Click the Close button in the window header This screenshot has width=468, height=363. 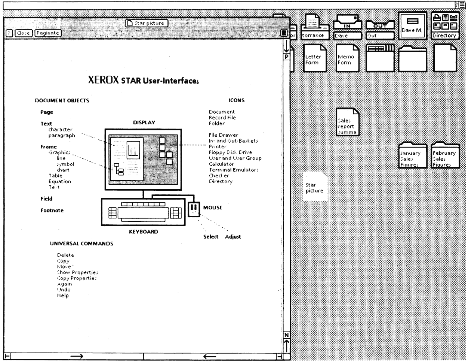(24, 33)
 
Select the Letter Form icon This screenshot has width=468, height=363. (315, 58)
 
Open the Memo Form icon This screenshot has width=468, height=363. (347, 58)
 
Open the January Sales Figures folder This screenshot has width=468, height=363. (412, 155)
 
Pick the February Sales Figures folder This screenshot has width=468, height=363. (444, 155)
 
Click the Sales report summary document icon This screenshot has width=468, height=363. (347, 122)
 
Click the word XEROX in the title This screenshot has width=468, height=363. (104, 80)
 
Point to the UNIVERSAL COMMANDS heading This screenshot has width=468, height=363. (81, 243)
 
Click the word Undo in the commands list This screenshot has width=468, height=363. (64, 290)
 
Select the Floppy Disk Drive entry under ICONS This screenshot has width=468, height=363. (230, 152)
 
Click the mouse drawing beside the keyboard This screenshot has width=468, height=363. (194, 209)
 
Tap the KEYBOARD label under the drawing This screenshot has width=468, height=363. (144, 232)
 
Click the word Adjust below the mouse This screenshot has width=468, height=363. (233, 237)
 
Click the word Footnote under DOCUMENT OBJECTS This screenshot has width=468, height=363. (52, 211)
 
